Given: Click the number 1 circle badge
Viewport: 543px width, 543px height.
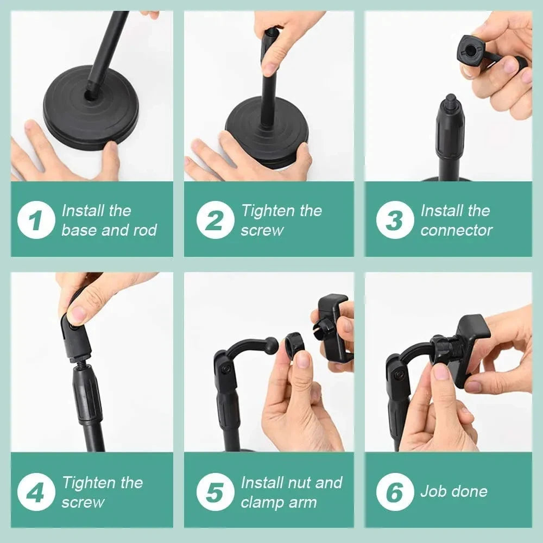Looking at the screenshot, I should tap(36, 220).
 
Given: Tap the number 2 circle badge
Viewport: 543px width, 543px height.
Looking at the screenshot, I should tap(216, 220).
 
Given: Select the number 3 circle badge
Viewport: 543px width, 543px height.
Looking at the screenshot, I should tap(395, 220).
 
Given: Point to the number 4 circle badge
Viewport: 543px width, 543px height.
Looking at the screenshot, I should tap(36, 492).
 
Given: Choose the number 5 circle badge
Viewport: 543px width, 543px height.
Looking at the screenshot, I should tap(216, 492).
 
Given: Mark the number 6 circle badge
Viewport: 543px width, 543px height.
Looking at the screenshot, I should tap(395, 492).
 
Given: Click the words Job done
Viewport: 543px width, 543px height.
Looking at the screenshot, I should tap(454, 491).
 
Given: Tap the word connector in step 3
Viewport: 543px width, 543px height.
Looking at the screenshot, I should tap(456, 230).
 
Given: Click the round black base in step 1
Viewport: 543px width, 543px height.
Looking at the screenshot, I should tap(81, 117).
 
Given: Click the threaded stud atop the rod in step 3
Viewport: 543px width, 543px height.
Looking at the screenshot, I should tap(450, 102).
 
